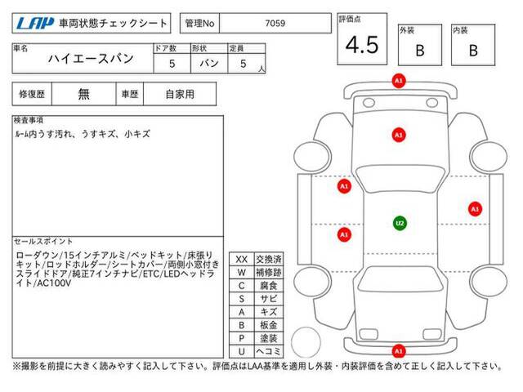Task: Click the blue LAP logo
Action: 34,23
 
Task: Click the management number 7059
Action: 275,23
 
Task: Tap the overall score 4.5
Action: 362,45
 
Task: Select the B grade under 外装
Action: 420,51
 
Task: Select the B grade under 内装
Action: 473,51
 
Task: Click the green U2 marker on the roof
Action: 400,223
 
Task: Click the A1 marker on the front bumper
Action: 399,81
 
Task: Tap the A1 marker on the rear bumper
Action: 399,350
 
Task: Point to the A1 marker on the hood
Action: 399,135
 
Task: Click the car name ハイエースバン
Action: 91,59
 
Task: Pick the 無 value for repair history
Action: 83,95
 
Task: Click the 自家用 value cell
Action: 180,95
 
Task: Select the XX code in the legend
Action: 242,260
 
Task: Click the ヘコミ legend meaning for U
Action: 269,351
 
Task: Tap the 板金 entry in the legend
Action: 269,325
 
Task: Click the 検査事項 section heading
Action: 29,120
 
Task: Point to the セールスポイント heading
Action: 43,241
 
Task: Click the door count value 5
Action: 172,64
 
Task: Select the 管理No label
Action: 199,23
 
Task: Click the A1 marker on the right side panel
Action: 475,209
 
